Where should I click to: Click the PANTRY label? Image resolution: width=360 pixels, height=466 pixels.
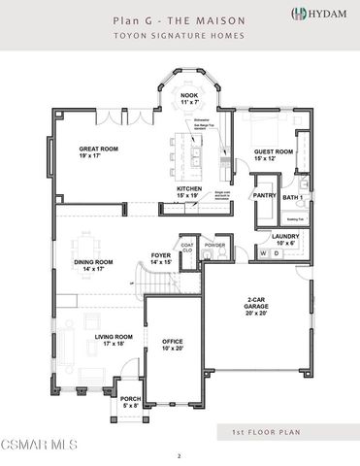[264, 195]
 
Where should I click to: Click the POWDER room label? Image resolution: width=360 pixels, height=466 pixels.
[215, 245]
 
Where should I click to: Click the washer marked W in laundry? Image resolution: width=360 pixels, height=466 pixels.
[262, 254]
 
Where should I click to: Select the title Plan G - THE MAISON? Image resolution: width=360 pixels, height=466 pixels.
[179, 18]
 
